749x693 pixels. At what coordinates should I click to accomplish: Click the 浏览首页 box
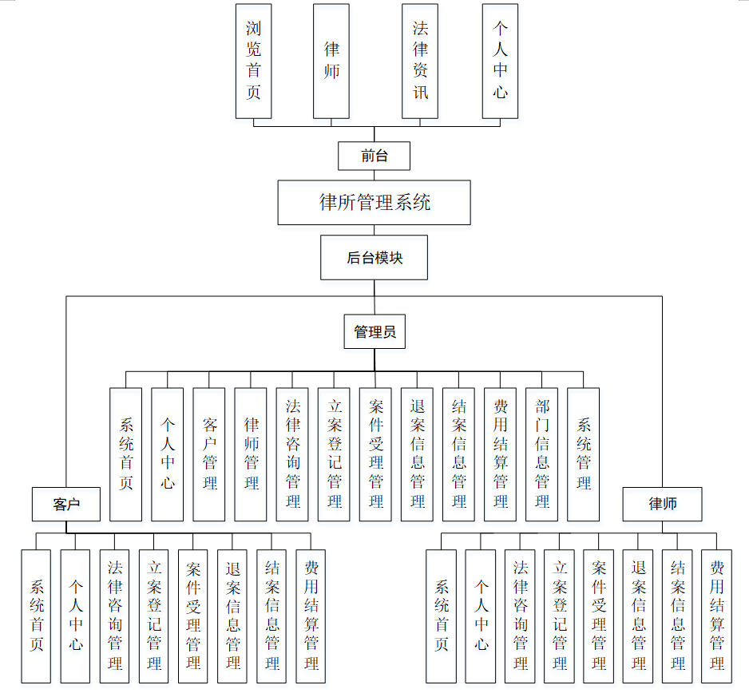pyautogui.click(x=253, y=61)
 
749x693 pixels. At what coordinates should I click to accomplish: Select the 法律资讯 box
pyautogui.click(x=420, y=61)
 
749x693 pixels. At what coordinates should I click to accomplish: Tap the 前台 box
pyautogui.click(x=374, y=156)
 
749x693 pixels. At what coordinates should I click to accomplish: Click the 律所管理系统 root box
pyautogui.click(x=374, y=202)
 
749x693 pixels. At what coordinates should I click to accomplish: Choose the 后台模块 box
pyautogui.click(x=374, y=257)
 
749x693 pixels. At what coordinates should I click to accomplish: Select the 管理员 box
pyautogui.click(x=374, y=331)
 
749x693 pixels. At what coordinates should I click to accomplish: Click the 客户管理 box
pyautogui.click(x=209, y=454)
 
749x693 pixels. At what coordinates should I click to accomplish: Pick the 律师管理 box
pyautogui.click(x=251, y=454)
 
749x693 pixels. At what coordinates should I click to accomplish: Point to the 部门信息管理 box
pyautogui.click(x=542, y=454)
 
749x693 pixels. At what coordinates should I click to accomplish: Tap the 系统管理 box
pyautogui.click(x=584, y=454)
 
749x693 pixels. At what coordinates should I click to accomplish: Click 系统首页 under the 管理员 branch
pyautogui.click(x=126, y=454)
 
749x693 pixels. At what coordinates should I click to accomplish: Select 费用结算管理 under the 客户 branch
pyautogui.click(x=311, y=616)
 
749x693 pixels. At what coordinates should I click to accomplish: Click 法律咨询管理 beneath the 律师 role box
pyautogui.click(x=520, y=616)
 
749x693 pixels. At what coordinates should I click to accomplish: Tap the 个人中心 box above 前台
pyautogui.click(x=500, y=61)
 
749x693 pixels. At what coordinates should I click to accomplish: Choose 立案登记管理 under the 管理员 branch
pyautogui.click(x=334, y=454)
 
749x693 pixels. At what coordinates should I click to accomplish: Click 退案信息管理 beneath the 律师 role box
pyautogui.click(x=638, y=616)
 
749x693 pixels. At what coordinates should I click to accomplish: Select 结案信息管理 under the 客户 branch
pyautogui.click(x=271, y=616)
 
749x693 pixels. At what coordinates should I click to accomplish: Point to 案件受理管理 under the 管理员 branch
pyautogui.click(x=375, y=454)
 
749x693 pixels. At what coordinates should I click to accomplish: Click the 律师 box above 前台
pyautogui.click(x=331, y=61)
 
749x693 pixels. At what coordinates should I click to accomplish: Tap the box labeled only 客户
pyautogui.click(x=66, y=504)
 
